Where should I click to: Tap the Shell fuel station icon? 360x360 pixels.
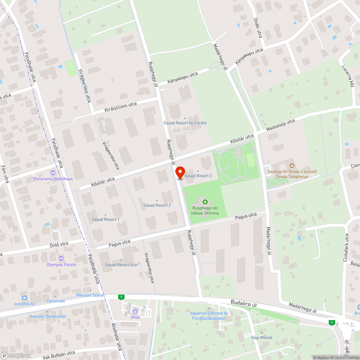coord(135,311)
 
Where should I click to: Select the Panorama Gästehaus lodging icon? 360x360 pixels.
coord(53,173)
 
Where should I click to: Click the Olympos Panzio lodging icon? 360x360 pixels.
coord(61,258)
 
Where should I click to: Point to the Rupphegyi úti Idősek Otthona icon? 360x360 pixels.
coord(205,202)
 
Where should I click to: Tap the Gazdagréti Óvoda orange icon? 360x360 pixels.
coord(292,166)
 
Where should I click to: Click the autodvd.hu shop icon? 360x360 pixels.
coord(24,298)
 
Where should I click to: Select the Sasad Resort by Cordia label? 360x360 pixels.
coord(185,123)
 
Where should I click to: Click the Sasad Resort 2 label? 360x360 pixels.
coord(157,205)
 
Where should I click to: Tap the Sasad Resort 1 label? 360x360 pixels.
coord(105,219)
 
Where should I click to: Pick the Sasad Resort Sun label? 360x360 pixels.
coord(121,265)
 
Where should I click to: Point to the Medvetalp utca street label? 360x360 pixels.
coord(280,125)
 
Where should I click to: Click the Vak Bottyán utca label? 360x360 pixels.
coord(58,355)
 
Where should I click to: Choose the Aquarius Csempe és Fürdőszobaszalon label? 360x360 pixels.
coord(209,316)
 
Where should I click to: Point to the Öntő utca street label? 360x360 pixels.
coord(59,244)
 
